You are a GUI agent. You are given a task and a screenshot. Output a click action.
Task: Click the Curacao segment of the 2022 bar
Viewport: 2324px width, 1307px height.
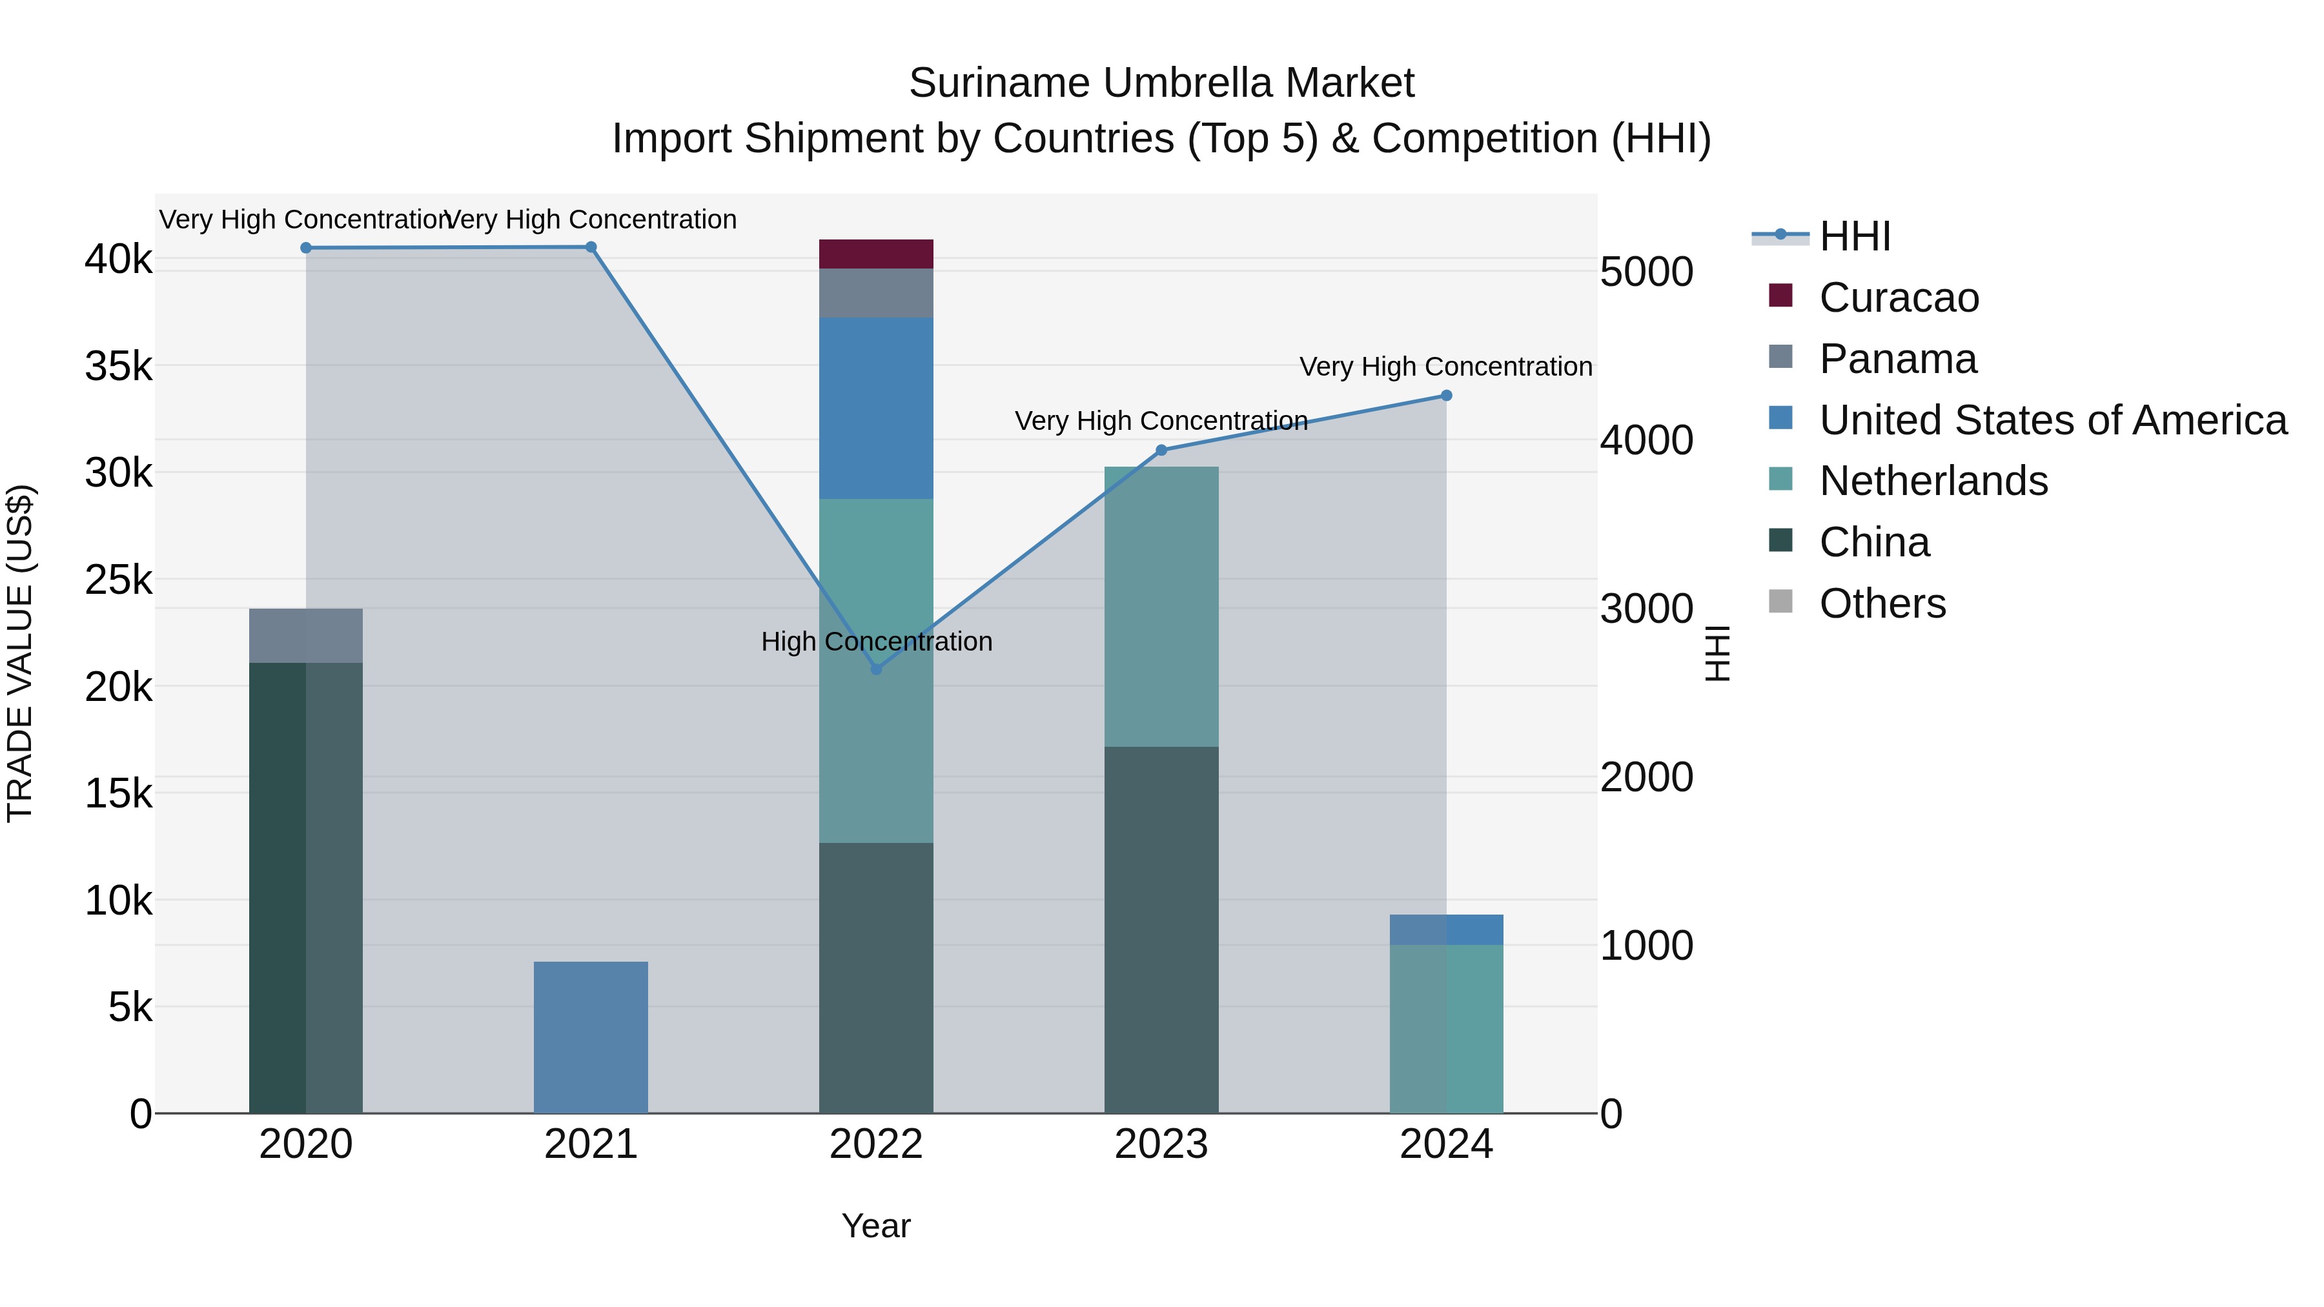point(875,254)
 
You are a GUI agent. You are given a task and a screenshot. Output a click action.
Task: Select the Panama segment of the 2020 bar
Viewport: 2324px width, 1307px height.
point(306,635)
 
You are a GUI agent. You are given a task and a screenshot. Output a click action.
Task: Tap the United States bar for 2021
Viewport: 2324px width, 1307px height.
point(591,1037)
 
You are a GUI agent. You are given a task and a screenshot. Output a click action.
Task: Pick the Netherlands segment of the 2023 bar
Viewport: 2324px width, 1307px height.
point(1161,606)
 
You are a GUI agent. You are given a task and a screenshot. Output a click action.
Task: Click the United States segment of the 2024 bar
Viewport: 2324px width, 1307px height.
point(1446,929)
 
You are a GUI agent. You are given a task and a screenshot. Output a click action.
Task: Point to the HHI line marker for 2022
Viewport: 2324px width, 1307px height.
point(875,669)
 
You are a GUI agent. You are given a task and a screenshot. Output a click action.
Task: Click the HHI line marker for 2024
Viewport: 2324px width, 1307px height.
point(1446,395)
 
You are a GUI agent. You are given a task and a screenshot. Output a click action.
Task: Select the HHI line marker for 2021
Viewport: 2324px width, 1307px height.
point(591,247)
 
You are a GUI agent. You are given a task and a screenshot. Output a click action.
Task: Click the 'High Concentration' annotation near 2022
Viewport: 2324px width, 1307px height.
point(876,642)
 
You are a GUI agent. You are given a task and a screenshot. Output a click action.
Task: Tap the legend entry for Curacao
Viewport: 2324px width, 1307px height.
point(1898,298)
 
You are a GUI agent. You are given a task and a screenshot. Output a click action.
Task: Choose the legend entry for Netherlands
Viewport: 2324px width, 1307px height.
point(1932,481)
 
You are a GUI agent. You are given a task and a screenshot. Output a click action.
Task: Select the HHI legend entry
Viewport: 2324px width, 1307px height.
point(1854,236)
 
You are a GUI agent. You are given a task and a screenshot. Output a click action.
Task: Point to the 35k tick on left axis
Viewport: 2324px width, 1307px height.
point(118,366)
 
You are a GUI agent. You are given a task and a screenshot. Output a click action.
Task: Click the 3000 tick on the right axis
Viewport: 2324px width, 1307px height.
point(1646,609)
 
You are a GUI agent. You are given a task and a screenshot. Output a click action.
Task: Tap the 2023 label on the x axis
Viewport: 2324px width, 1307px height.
point(1161,1144)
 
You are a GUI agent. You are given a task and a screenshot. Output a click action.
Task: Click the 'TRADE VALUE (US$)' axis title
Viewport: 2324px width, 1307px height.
point(20,653)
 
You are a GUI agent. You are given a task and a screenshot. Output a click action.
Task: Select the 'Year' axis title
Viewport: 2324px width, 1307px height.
point(875,1226)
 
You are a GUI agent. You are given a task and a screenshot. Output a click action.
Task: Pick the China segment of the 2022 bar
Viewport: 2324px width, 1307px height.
point(875,977)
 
